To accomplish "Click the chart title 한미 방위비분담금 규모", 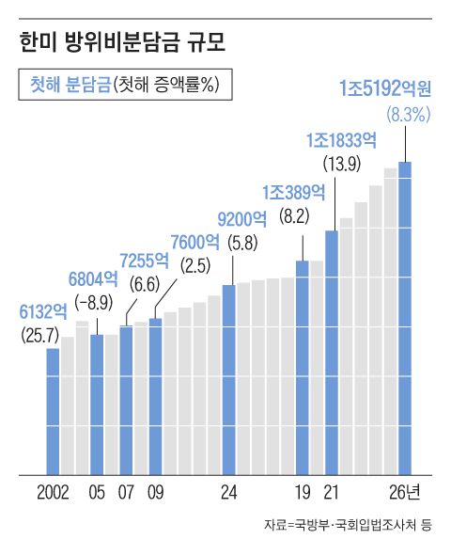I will point(121,41).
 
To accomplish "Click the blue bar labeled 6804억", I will point(96,404).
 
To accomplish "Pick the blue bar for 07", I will point(126,400).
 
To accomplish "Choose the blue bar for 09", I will point(156,396).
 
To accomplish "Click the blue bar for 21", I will point(332,352).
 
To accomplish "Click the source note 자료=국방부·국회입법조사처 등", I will point(348,526).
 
